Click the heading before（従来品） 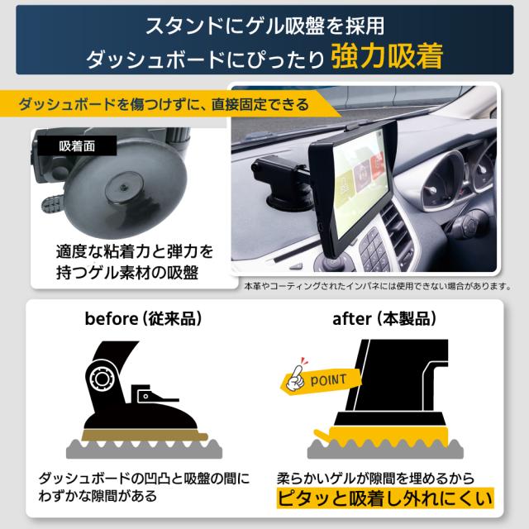(x=138, y=318)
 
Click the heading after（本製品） (x=385, y=318)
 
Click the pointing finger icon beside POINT (x=293, y=379)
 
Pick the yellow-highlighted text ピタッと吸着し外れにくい (x=384, y=498)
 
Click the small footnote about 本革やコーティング (x=376, y=285)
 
